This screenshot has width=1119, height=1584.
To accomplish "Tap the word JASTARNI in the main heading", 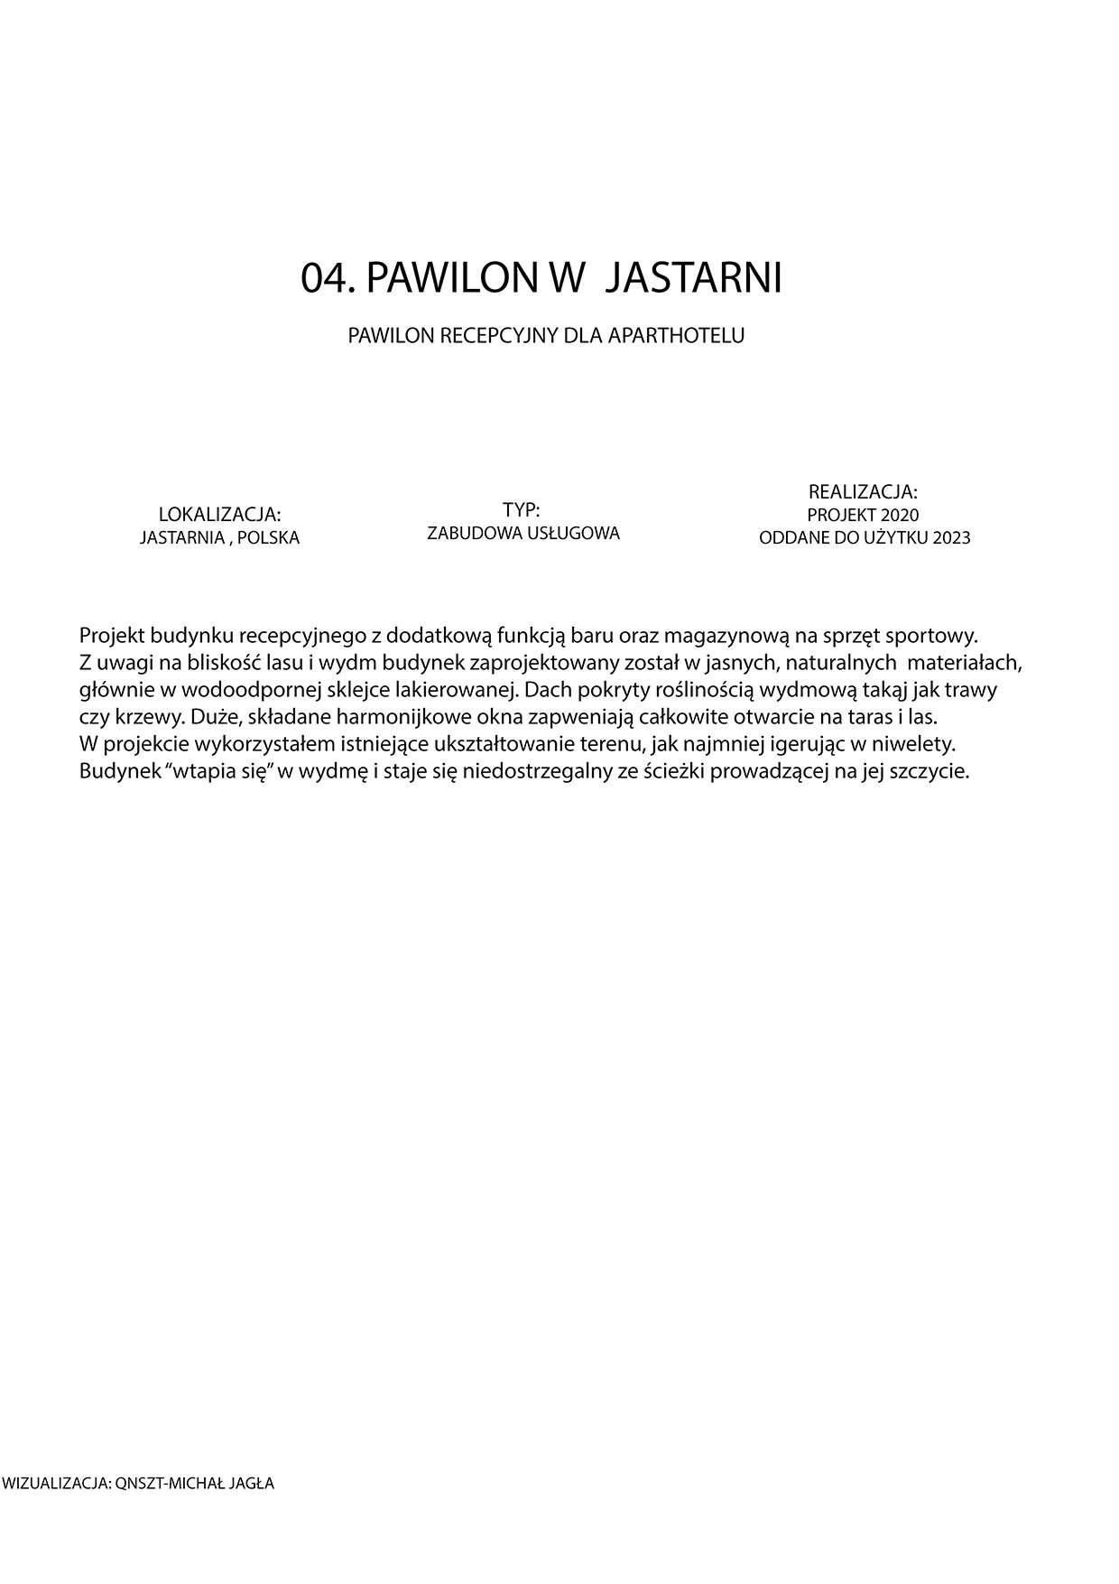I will [691, 278].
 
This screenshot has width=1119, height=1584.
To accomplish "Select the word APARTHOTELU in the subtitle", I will [677, 336].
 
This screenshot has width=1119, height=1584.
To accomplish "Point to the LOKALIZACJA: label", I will [219, 515].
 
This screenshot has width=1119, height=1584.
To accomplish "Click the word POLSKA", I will [268, 538].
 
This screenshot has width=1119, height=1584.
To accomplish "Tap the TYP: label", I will [522, 509].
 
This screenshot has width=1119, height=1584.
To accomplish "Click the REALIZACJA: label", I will [863, 492].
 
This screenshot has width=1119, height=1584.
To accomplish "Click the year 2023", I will [951, 538].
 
